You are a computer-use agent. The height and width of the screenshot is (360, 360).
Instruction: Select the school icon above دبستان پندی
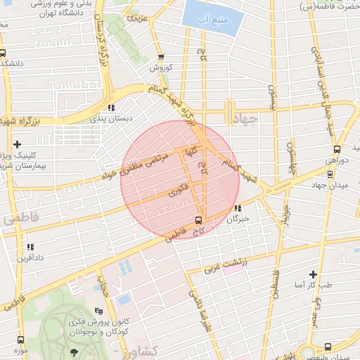110,108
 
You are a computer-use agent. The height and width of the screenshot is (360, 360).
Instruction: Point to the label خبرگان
238,219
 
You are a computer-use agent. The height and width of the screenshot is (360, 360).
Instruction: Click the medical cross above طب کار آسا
313,274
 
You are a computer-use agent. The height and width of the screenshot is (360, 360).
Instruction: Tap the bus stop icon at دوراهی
337,149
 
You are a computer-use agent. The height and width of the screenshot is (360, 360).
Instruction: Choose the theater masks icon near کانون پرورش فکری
98,310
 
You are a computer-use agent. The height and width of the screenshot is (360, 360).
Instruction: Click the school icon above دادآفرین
30,247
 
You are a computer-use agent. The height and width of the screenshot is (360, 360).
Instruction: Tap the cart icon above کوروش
161,58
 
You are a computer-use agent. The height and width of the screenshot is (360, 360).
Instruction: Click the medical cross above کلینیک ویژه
18,143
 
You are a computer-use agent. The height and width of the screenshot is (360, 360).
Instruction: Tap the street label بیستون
271,99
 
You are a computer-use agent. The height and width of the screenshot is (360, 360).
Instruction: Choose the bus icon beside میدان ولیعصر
328,346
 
